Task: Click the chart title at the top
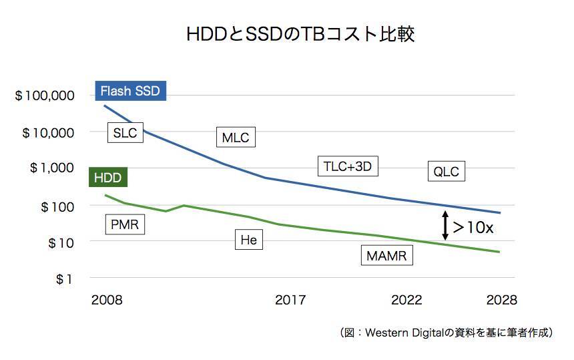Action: tap(300, 35)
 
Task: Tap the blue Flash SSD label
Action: tap(129, 91)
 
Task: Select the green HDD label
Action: tap(107, 178)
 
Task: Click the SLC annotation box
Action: tap(125, 132)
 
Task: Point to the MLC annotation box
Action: tap(236, 138)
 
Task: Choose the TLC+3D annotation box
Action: tap(347, 166)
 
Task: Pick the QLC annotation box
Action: tap(446, 172)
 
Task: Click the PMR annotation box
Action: tap(125, 224)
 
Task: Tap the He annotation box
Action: tap(248, 240)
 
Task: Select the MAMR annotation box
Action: tap(386, 255)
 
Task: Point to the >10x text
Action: tap(473, 227)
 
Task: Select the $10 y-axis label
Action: tap(60, 242)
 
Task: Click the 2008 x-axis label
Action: tap(107, 300)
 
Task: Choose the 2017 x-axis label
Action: tap(290, 300)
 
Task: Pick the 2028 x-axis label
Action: tap(501, 300)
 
